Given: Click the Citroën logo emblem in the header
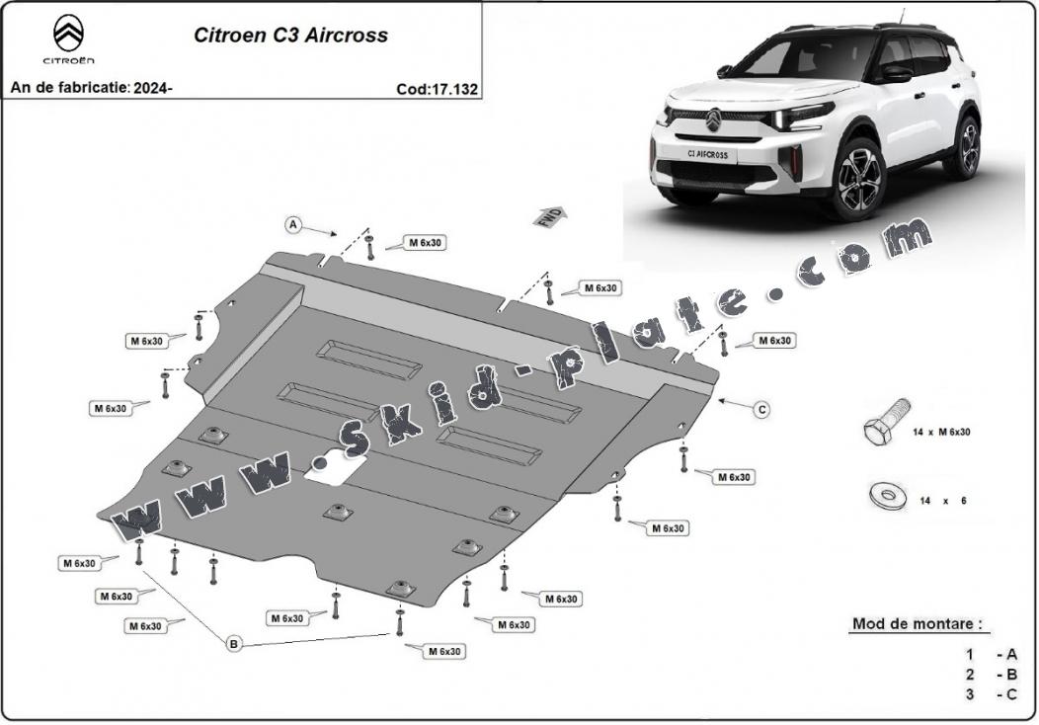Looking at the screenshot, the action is click(68, 34).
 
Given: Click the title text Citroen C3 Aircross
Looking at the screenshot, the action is click(290, 36).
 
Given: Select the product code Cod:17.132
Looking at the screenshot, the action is click(437, 89).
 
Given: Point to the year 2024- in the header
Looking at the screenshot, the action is click(153, 88).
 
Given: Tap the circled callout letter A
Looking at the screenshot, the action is click(293, 225).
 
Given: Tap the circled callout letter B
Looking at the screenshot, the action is click(233, 643).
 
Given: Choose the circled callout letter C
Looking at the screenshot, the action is click(762, 410).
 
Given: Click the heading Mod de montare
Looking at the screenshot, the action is click(917, 623).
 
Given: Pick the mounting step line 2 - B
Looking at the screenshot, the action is click(991, 675).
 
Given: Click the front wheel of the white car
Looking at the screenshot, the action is click(859, 178).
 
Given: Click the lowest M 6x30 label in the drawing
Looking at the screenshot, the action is click(444, 652).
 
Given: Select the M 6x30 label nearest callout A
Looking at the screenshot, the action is click(425, 243).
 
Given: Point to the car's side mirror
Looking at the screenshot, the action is click(895, 73).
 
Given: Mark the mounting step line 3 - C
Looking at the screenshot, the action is click(991, 694).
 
